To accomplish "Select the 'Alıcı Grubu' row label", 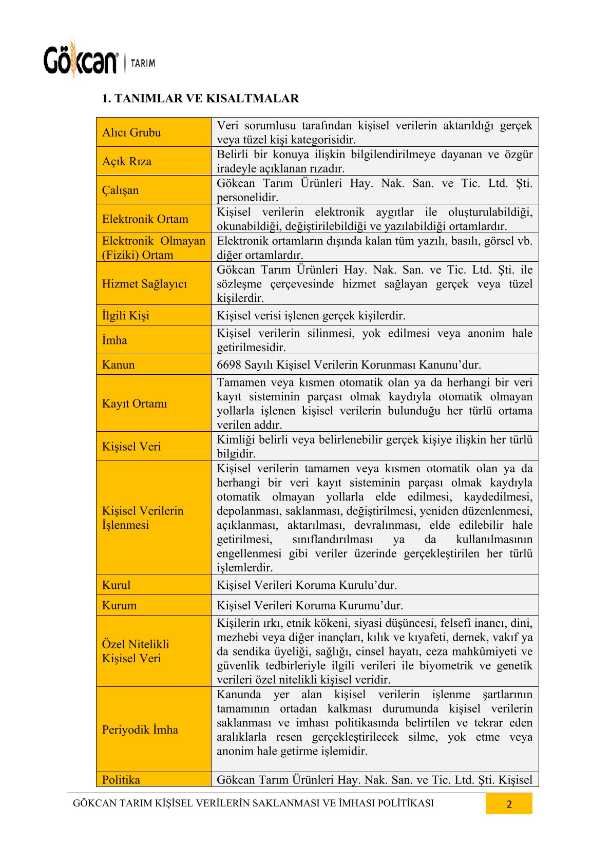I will [x=131, y=132].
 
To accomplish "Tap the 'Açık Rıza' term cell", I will [x=127, y=161].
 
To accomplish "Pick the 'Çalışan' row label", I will [x=120, y=190].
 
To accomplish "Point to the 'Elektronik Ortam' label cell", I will [x=145, y=219].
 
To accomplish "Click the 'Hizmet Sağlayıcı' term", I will [x=144, y=284].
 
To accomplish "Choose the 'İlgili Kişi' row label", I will [x=126, y=315].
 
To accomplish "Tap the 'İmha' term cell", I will [x=114, y=340].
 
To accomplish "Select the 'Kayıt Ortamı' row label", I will [x=135, y=404].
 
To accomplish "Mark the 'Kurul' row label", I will [x=116, y=585].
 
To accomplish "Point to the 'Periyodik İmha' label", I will [x=140, y=729].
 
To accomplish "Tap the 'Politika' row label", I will [x=121, y=779].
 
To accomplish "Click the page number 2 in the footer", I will [x=509, y=804].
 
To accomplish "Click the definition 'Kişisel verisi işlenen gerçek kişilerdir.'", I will [x=311, y=315].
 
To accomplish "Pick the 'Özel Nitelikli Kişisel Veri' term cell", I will [x=136, y=651].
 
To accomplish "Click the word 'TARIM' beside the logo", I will [x=143, y=63].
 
